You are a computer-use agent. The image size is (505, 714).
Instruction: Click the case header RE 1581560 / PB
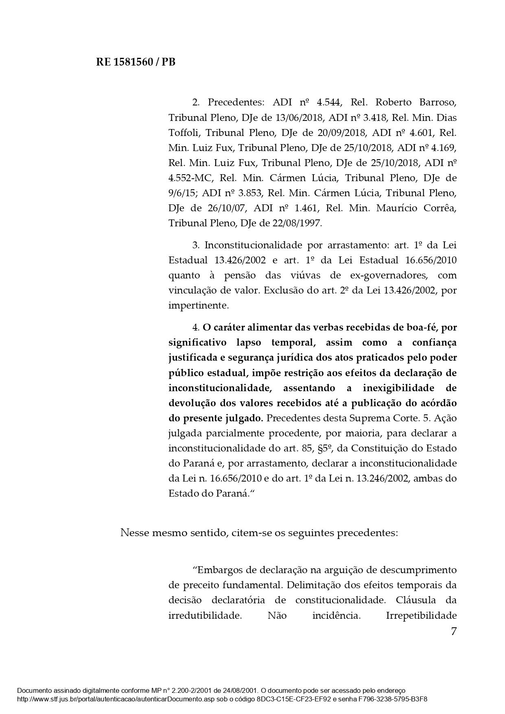click(136, 62)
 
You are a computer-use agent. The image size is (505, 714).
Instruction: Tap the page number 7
click(454, 631)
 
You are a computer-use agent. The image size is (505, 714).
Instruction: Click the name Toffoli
click(184, 133)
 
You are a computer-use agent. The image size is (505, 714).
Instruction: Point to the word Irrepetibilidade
click(421, 615)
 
